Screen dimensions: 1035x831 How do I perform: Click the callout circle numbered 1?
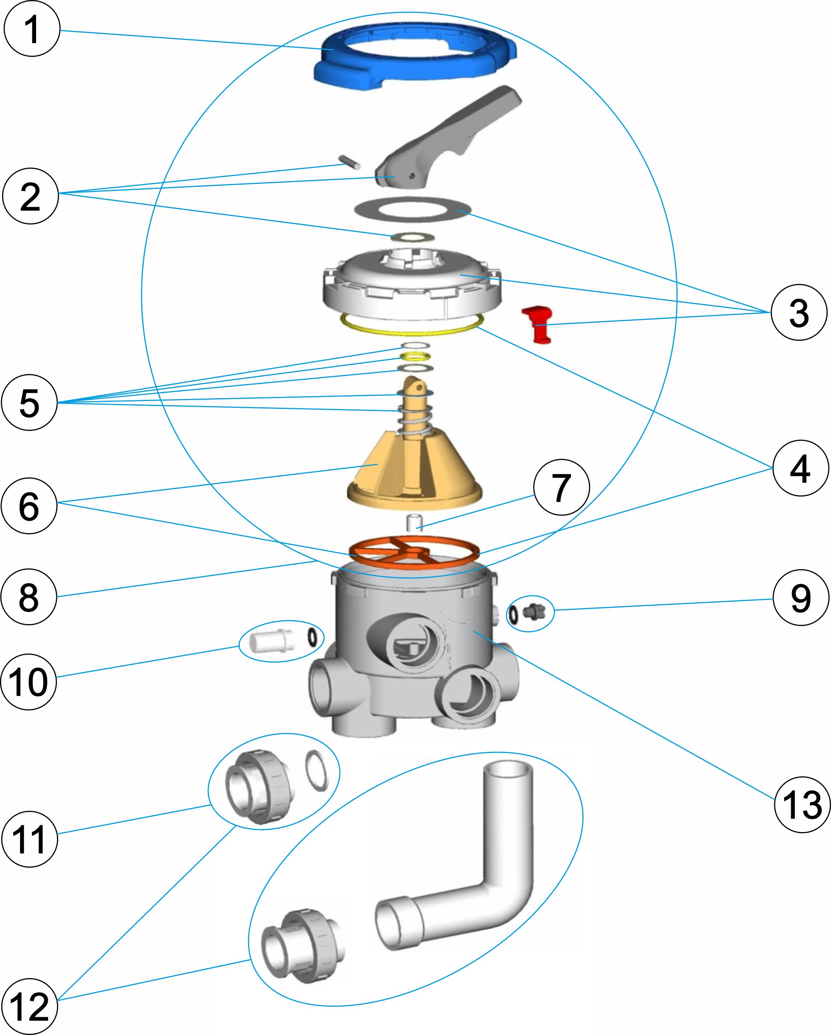click(x=32, y=29)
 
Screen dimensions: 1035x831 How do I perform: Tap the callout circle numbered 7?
click(x=561, y=487)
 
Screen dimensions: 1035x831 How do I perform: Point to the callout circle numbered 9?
click(x=801, y=598)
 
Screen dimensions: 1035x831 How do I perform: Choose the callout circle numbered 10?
click(x=29, y=682)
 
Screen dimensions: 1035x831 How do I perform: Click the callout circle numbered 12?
click(x=30, y=1006)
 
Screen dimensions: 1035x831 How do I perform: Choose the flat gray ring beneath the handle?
click(x=413, y=210)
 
